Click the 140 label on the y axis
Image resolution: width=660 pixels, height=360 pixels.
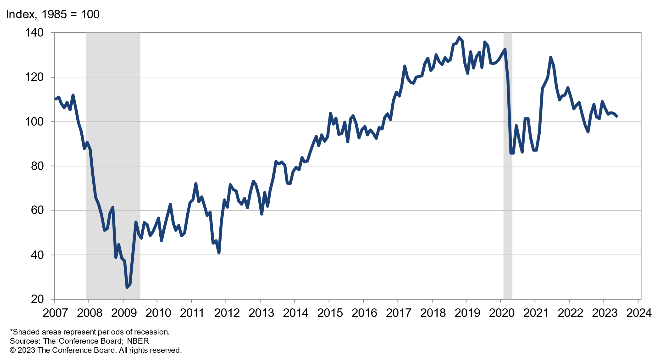tap(37, 33)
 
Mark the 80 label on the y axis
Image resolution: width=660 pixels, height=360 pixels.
tap(40, 166)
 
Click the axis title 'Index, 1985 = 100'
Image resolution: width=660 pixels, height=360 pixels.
tap(52, 14)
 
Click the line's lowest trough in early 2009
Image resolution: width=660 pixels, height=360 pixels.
tap(127, 287)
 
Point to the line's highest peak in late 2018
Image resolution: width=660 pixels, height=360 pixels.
tap(459, 37)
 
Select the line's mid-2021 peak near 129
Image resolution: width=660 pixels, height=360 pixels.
tap(551, 57)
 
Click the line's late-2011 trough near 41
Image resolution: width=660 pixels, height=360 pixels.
tap(219, 253)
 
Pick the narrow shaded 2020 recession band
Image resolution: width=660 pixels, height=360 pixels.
tap(508, 165)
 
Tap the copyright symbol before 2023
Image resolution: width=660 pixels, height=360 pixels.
tap(13, 350)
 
